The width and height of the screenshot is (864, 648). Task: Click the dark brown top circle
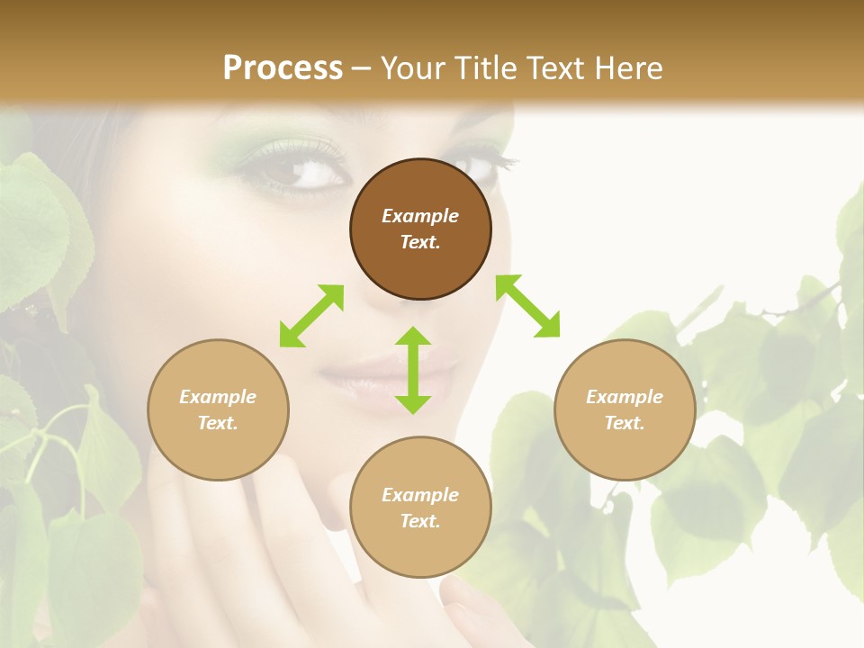(x=420, y=229)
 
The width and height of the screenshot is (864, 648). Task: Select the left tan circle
(x=218, y=409)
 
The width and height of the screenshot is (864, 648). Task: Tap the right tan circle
(x=625, y=409)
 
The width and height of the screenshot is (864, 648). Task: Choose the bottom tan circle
(x=420, y=508)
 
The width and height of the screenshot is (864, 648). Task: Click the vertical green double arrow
(x=413, y=370)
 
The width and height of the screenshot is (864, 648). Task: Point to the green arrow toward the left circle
(x=311, y=315)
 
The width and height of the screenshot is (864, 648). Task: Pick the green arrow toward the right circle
(x=527, y=306)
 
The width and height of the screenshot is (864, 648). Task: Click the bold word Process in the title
(x=283, y=67)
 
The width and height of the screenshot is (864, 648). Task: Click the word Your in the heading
(x=410, y=67)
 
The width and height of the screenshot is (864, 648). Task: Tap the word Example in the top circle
(x=420, y=216)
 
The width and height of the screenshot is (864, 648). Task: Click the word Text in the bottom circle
(x=420, y=521)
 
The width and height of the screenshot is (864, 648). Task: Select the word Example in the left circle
(x=218, y=397)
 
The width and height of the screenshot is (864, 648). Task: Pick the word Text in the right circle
(x=625, y=423)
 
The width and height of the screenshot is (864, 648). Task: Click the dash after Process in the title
(x=362, y=67)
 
